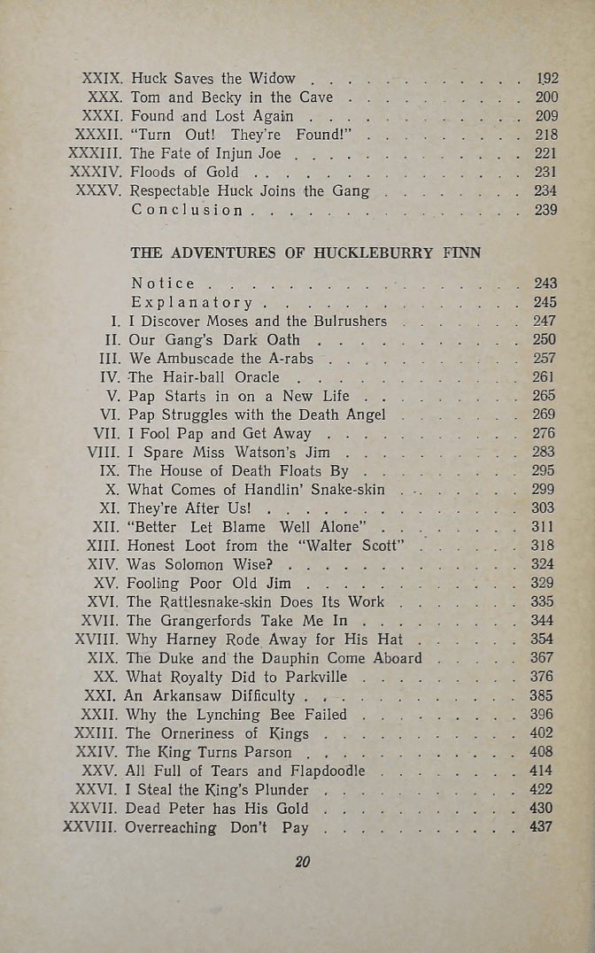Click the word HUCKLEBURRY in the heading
[x=376, y=252]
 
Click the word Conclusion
[x=187, y=210]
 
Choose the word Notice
[x=163, y=283]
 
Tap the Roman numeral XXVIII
[x=90, y=827]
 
